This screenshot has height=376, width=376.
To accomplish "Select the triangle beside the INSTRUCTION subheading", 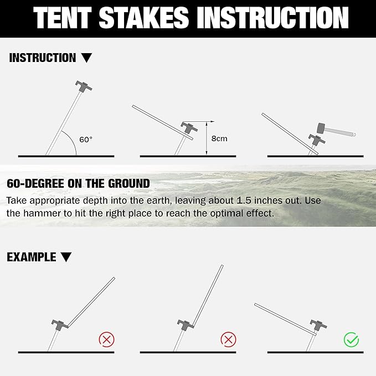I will coord(86,58).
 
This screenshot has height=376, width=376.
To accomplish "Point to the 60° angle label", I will coord(86,140).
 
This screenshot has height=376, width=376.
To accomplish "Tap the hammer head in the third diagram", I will coord(320,128).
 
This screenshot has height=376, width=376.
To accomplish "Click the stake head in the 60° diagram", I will coord(84,86).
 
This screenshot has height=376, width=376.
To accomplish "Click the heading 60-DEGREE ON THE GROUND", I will coord(78,183).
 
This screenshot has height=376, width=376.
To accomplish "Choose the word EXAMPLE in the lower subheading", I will coord(32,257).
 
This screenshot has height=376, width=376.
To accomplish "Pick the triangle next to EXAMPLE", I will coord(66,257).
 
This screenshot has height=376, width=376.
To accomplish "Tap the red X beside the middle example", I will coord(228,339).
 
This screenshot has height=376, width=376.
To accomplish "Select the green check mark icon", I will coord(351,339).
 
